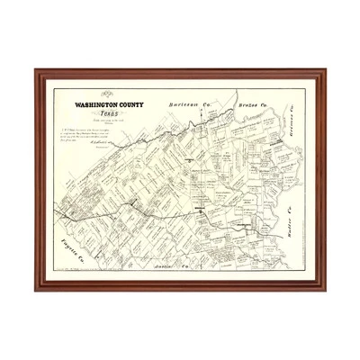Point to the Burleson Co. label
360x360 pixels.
[x=188, y=105]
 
